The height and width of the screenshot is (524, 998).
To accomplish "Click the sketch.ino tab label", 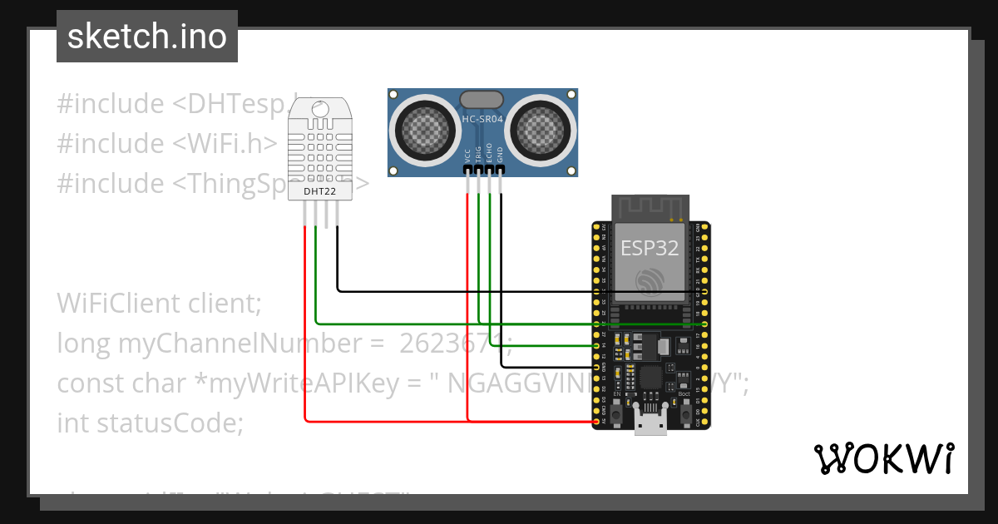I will [146, 37].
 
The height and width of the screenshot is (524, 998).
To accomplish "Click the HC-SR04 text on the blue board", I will [482, 119].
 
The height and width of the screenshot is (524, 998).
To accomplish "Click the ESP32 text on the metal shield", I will [650, 247].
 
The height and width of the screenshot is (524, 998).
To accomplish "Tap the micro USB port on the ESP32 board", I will [650, 421].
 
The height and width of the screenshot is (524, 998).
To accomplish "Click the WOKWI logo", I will [883, 458].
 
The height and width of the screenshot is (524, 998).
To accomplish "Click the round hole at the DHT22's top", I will [319, 108].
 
